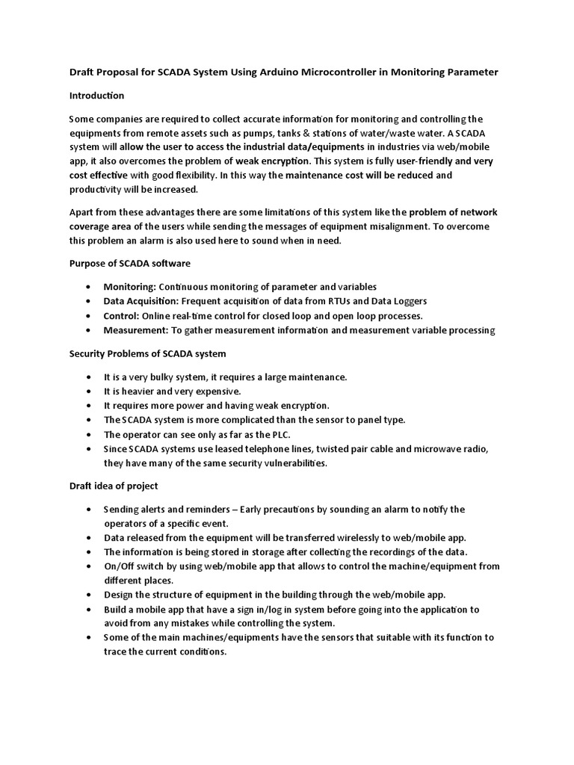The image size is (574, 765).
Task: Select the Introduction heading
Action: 96,96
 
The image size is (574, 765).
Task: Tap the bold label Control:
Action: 122,315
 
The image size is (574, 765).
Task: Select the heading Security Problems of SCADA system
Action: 147,353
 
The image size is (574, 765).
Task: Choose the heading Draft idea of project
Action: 114,486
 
